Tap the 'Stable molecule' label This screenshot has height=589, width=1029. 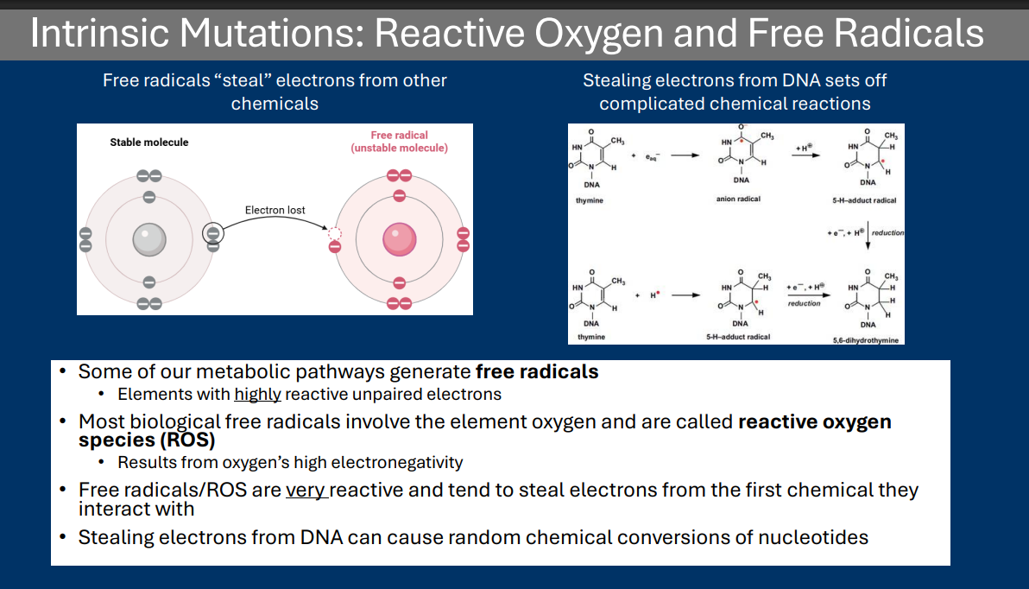[148, 142]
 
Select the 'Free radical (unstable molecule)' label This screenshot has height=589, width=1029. [399, 142]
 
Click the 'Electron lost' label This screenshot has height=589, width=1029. [275, 210]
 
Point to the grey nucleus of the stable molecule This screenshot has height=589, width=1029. [148, 239]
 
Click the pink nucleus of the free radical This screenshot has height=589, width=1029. [399, 239]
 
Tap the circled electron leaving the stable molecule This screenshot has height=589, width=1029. [213, 233]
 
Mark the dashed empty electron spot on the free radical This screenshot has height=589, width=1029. [335, 234]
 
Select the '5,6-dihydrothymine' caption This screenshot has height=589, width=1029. [866, 340]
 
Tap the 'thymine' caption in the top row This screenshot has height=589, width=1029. [590, 200]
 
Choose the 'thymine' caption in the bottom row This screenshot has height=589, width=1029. [590, 337]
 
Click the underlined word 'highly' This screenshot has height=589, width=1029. [257, 395]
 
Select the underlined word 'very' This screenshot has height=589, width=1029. [306, 491]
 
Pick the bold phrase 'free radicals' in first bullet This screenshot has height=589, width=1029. [537, 372]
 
